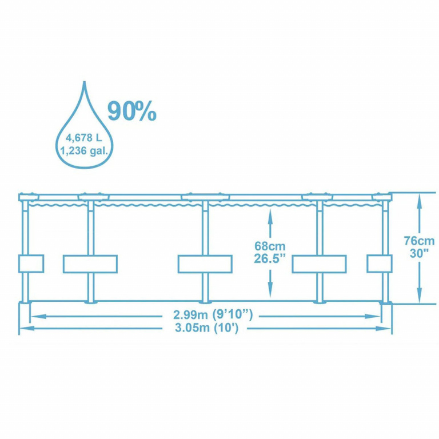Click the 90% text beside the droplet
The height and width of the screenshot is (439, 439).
132,111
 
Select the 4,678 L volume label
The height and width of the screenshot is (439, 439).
83,138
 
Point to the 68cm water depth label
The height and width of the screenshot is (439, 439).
270,246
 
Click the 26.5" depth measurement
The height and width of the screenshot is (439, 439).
270,258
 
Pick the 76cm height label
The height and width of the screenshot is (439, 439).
419,241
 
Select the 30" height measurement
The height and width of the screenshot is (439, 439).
419,253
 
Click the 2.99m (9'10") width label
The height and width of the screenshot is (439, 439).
213,315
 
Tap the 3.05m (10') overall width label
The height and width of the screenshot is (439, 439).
206,328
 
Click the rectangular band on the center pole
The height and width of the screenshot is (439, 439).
205,264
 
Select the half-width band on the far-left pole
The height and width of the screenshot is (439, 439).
31,264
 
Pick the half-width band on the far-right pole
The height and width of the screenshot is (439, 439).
380,264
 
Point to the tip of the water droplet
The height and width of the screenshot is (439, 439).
84,82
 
